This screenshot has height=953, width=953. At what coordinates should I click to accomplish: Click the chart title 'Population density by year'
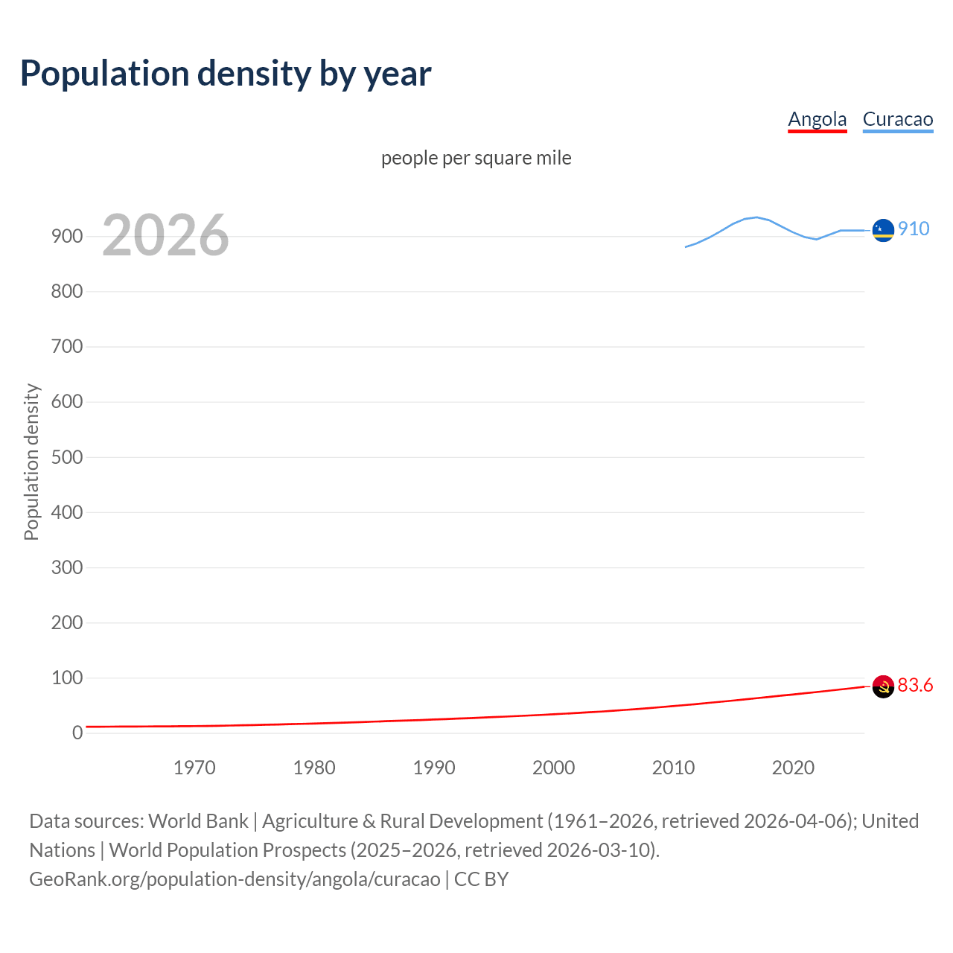click(226, 74)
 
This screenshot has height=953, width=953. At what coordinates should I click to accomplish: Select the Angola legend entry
click(817, 119)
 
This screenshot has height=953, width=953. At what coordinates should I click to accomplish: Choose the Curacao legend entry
click(897, 119)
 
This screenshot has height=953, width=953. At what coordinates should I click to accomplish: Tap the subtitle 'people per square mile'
click(476, 158)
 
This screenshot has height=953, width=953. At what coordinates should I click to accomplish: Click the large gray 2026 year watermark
click(165, 235)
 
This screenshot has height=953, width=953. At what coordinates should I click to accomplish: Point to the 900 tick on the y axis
click(67, 236)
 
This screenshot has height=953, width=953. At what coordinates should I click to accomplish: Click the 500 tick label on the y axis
click(67, 457)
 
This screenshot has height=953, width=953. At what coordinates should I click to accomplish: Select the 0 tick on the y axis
click(77, 733)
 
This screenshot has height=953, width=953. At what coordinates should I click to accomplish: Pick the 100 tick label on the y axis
click(67, 678)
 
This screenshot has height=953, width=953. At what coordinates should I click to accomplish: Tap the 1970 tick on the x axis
click(194, 768)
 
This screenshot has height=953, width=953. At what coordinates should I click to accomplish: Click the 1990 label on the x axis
click(434, 768)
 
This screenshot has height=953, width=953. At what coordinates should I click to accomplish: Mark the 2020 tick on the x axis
click(793, 768)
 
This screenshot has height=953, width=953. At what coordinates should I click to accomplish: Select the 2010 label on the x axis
click(673, 768)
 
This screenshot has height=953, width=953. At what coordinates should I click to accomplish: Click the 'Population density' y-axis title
click(31, 462)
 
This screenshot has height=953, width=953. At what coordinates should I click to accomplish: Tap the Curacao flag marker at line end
click(883, 231)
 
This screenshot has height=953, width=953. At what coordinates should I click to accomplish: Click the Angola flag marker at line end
click(883, 686)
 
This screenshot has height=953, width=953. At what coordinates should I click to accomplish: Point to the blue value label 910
click(914, 229)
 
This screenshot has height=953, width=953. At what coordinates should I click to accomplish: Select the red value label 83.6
click(915, 685)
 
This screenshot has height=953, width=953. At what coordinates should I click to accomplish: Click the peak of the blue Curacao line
click(756, 217)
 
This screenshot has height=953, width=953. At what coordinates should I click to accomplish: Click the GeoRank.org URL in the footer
click(235, 879)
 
